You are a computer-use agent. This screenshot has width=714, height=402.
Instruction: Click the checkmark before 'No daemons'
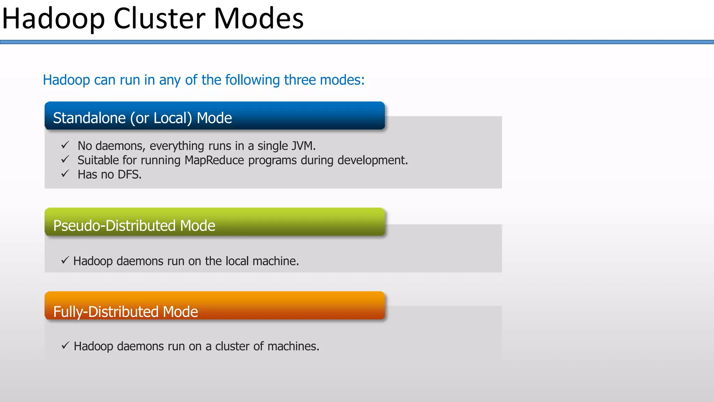(x=65, y=145)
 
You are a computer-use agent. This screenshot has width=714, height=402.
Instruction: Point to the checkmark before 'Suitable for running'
(x=65, y=159)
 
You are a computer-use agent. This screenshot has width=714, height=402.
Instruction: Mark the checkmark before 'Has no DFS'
(x=65, y=174)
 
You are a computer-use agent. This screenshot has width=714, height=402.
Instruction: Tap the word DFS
(x=129, y=174)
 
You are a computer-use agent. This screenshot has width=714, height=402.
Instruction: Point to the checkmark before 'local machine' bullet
(x=65, y=260)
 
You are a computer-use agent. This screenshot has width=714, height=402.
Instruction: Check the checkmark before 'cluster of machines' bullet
(x=65, y=345)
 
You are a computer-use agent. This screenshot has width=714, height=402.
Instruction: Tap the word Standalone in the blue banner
(x=89, y=118)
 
